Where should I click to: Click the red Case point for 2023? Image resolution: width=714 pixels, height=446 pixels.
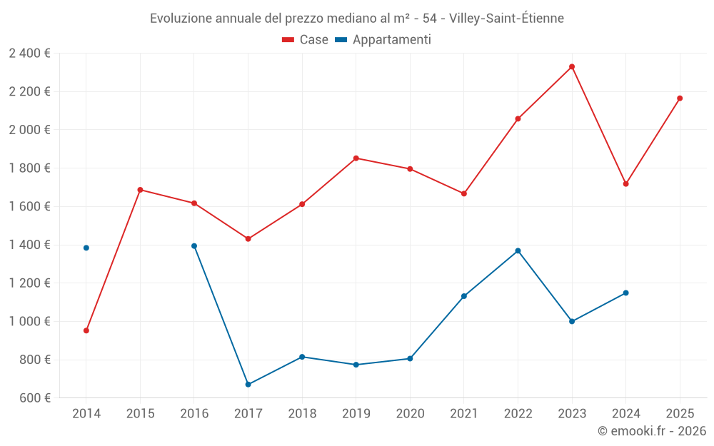pyautogui.click(x=572, y=66)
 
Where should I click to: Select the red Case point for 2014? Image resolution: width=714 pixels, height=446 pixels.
pyautogui.click(x=86, y=330)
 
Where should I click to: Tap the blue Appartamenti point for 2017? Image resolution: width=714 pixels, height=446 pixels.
pyautogui.click(x=248, y=385)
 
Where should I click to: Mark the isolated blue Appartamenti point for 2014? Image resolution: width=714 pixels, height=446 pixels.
pyautogui.click(x=86, y=248)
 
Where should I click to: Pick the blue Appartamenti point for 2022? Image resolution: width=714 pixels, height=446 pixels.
pyautogui.click(x=518, y=250)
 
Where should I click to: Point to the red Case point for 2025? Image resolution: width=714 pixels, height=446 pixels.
pyautogui.click(x=680, y=98)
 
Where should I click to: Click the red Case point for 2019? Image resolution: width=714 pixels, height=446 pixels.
pyautogui.click(x=356, y=158)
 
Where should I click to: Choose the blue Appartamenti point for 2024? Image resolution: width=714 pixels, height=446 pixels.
pyautogui.click(x=625, y=293)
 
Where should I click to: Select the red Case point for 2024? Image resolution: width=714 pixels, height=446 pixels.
pyautogui.click(x=625, y=184)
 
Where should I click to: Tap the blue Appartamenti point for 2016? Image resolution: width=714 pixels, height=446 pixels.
pyautogui.click(x=194, y=246)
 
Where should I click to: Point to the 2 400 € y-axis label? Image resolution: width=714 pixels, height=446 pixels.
pyautogui.click(x=29, y=54)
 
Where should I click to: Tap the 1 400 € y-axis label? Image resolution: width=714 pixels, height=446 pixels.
pyautogui.click(x=29, y=245)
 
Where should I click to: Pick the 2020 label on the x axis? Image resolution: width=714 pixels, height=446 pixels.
pyautogui.click(x=410, y=414)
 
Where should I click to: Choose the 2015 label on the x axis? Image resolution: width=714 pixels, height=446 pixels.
pyautogui.click(x=140, y=414)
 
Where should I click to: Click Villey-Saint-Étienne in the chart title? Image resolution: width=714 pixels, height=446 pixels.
pyautogui.click(x=506, y=19)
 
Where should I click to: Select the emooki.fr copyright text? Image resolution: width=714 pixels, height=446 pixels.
pyautogui.click(x=652, y=431)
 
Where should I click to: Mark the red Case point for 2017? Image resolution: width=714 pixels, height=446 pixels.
pyautogui.click(x=248, y=239)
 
